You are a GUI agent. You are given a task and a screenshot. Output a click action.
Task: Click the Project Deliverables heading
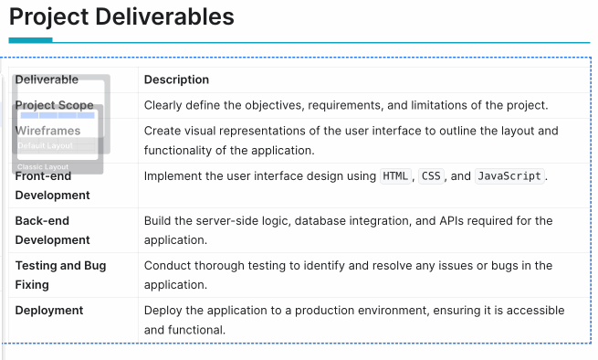tap(121, 16)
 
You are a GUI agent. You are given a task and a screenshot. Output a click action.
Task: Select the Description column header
tap(176, 79)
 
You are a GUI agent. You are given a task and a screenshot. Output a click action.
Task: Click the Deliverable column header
tap(47, 79)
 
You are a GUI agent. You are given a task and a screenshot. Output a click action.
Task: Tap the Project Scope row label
tap(54, 105)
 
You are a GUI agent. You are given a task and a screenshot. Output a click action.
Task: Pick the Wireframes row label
tap(47, 131)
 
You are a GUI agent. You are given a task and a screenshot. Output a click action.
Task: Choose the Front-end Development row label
tap(52, 185)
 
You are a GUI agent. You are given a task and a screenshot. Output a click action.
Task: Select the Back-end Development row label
tap(52, 230)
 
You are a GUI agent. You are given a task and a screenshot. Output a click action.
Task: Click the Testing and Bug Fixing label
tap(60, 275)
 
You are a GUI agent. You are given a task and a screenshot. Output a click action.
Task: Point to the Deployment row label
tap(48, 311)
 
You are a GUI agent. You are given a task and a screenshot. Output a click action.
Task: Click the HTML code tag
tap(395, 176)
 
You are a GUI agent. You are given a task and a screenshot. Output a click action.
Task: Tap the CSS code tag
tap(430, 176)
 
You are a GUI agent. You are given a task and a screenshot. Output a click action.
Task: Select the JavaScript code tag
tap(509, 176)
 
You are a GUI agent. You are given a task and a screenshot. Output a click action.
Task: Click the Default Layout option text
tap(45, 146)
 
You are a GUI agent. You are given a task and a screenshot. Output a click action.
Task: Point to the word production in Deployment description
tap(327, 311)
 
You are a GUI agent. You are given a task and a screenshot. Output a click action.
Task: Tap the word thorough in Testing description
tap(220, 266)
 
